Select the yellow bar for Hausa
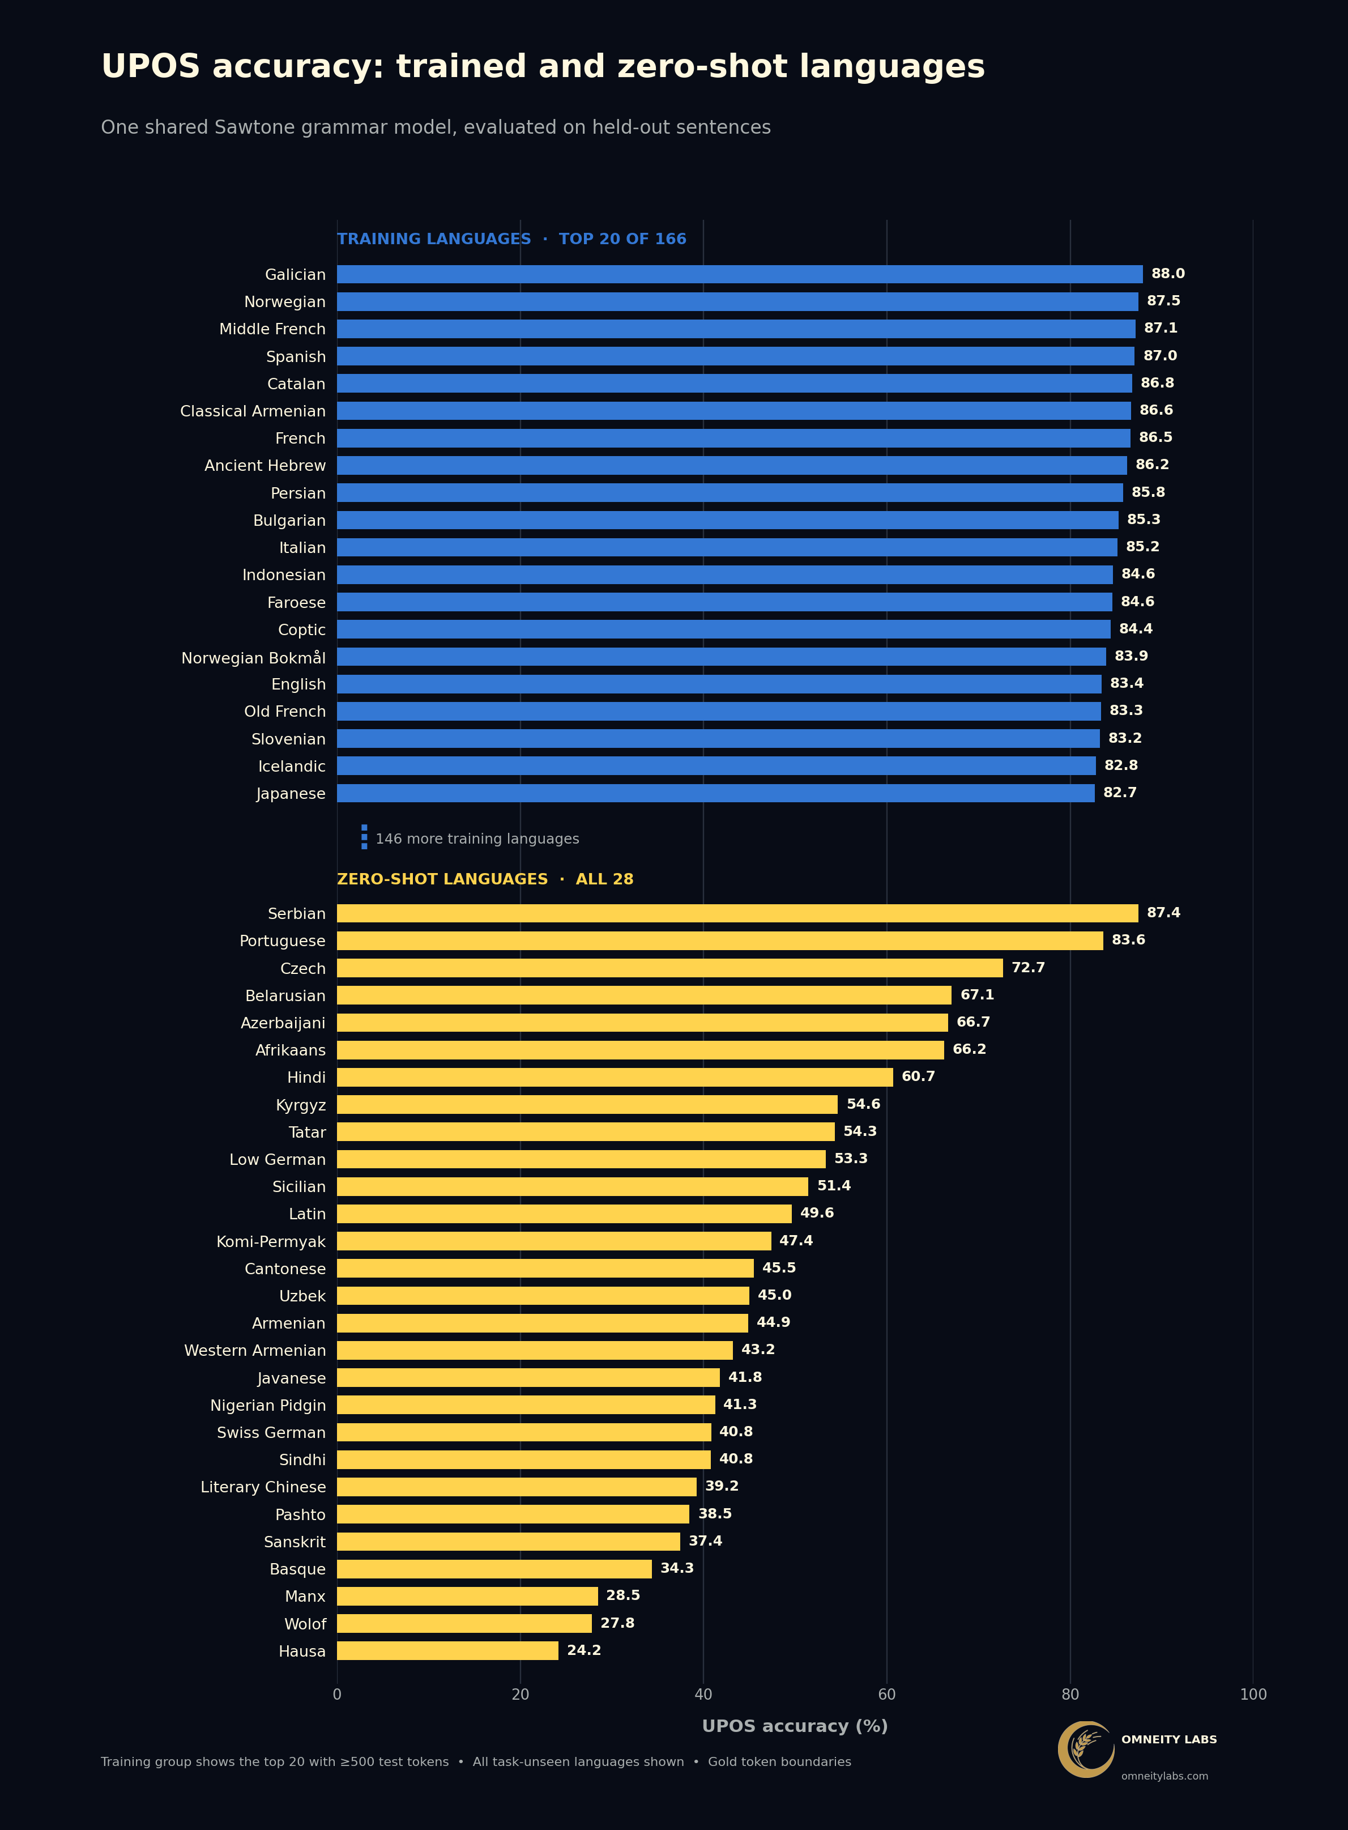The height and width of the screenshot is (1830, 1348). [448, 1650]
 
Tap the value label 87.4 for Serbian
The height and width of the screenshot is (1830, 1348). [1163, 913]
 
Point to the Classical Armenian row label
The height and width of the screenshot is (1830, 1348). [253, 411]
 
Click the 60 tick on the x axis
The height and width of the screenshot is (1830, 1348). [887, 1695]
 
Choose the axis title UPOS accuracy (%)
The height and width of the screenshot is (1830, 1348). [795, 1726]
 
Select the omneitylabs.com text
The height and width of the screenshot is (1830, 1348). [1164, 1776]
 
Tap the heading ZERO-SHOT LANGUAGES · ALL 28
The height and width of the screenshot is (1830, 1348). [485, 879]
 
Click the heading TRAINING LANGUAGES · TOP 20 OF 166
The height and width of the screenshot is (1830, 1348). [511, 239]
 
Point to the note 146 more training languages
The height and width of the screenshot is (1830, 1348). [477, 839]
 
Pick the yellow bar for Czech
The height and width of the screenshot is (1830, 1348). [670, 968]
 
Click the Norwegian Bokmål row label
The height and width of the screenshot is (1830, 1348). [254, 658]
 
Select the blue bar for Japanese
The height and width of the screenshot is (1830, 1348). [715, 793]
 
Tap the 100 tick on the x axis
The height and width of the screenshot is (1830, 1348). [1253, 1695]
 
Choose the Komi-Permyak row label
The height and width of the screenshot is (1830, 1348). [271, 1241]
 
